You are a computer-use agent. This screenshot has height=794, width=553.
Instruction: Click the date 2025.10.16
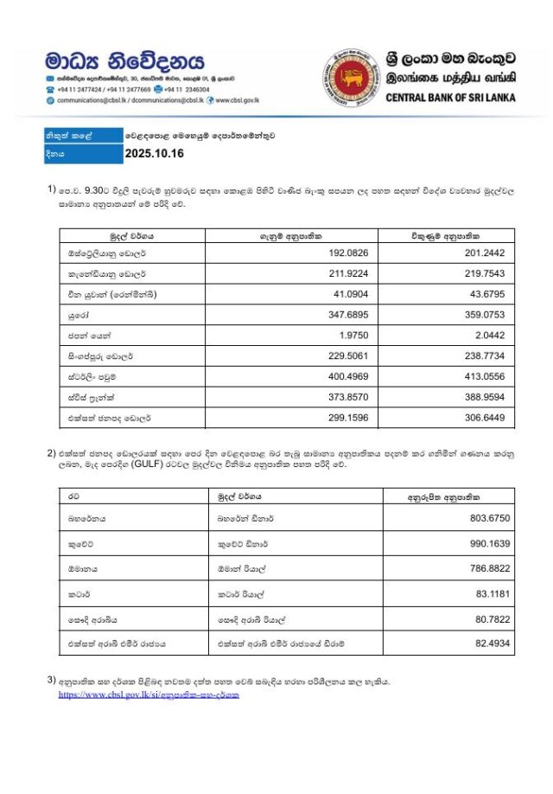click(155, 154)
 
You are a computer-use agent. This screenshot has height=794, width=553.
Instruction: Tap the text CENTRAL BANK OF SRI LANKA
click(450, 98)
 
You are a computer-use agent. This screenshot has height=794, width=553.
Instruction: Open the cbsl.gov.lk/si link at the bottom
click(149, 695)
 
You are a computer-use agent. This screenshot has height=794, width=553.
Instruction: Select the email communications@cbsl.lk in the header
click(94, 100)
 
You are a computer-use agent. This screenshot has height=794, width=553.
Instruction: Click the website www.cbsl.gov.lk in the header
click(237, 100)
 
